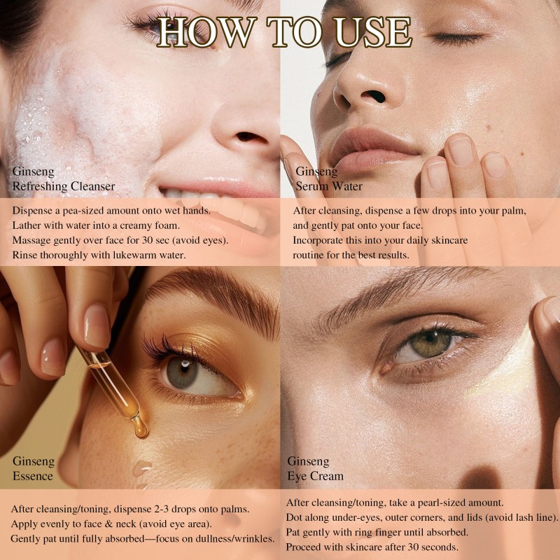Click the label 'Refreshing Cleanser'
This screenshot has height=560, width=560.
[64, 186]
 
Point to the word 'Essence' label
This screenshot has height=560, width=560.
[33, 476]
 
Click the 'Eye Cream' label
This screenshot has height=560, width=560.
[316, 476]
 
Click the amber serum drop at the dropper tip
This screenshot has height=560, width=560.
[141, 427]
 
